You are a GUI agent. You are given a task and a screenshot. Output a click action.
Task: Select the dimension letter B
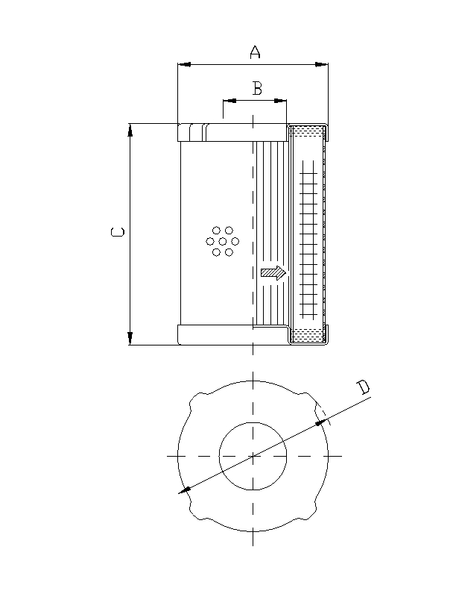click(256, 89)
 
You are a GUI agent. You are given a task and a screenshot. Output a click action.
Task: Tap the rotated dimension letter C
click(117, 233)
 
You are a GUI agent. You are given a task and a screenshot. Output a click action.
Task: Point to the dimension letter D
click(362, 387)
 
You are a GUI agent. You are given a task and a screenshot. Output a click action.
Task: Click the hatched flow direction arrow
click(273, 273)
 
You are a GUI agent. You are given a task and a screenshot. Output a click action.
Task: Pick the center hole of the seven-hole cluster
click(222, 241)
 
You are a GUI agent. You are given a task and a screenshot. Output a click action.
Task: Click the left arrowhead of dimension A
click(183, 65)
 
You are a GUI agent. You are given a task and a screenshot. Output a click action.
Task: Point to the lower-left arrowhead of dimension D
click(185, 490)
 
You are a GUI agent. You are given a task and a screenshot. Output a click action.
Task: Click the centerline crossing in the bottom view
click(253, 455)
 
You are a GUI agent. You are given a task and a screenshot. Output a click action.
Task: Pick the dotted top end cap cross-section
click(307, 132)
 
